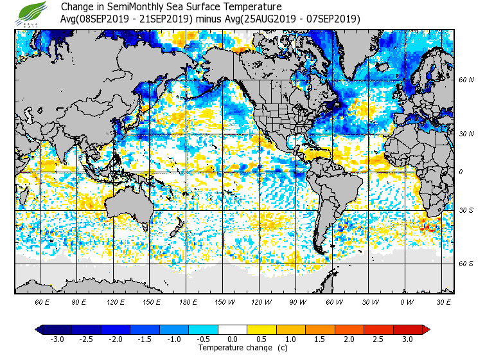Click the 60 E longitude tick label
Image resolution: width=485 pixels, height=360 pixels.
(x=42, y=301)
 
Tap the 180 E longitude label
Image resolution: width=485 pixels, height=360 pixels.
(x=188, y=301)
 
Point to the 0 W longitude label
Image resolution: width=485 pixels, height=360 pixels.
(x=407, y=301)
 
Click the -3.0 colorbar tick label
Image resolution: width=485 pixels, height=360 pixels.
(x=57, y=339)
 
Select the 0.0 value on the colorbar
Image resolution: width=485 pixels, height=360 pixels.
(x=233, y=339)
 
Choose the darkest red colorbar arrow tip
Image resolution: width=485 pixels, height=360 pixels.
(x=426, y=330)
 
